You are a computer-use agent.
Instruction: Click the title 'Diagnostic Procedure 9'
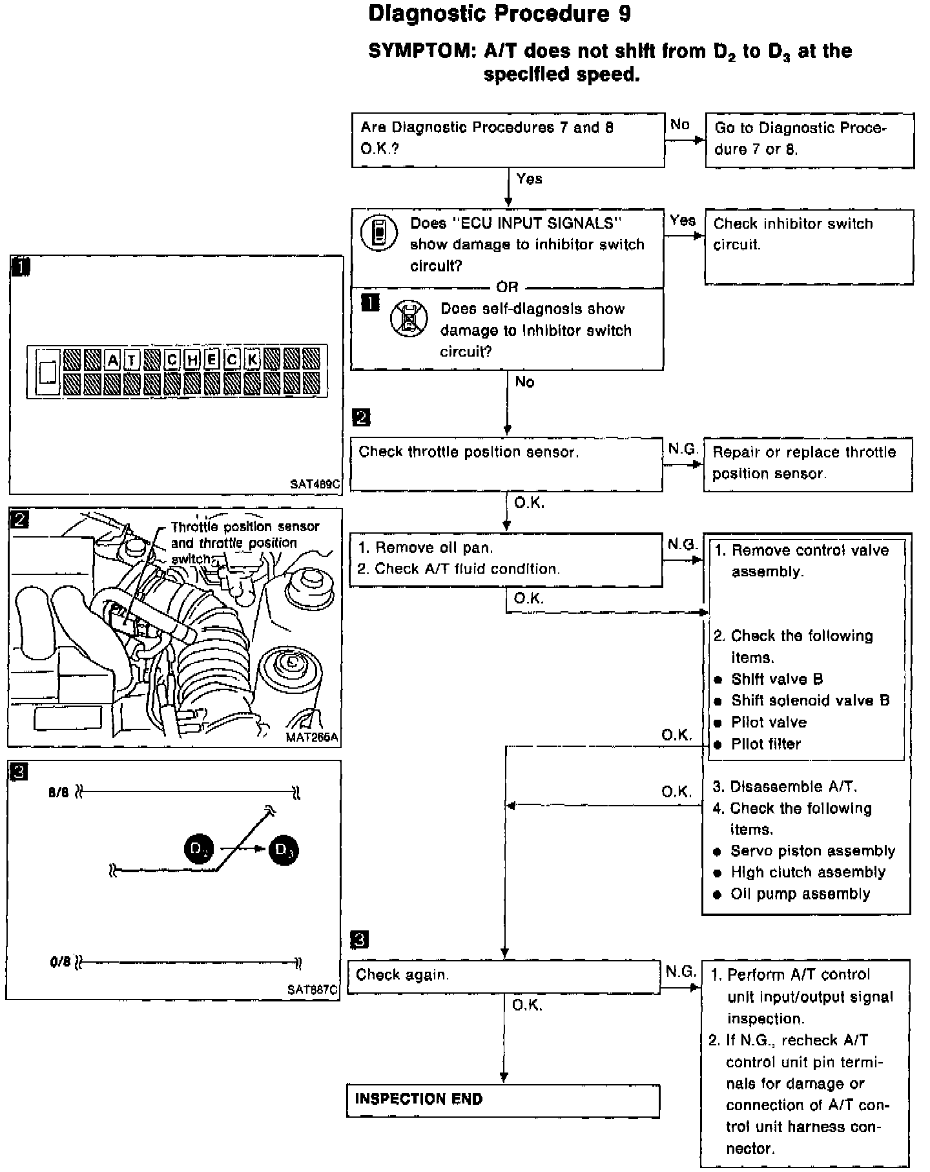pos(499,14)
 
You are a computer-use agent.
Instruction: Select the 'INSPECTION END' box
pos(502,1100)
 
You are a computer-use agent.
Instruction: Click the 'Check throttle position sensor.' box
pos(506,464)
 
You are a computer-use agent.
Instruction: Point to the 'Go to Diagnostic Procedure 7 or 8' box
pos(809,140)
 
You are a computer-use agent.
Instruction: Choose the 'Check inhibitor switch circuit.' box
pos(809,246)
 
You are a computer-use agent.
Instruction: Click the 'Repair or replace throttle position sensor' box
pos(807,464)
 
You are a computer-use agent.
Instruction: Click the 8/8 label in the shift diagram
pos(58,793)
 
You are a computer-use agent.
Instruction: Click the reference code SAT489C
pos(315,483)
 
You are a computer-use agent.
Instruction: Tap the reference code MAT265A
pos(313,737)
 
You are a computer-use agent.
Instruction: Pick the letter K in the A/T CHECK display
pos(253,359)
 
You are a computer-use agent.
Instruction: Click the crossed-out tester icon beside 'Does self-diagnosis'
pos(409,318)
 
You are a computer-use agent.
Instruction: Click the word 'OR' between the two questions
pos(508,287)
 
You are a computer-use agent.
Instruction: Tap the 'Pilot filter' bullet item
pos(766,744)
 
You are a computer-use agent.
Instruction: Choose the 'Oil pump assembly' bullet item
pos(800,894)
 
